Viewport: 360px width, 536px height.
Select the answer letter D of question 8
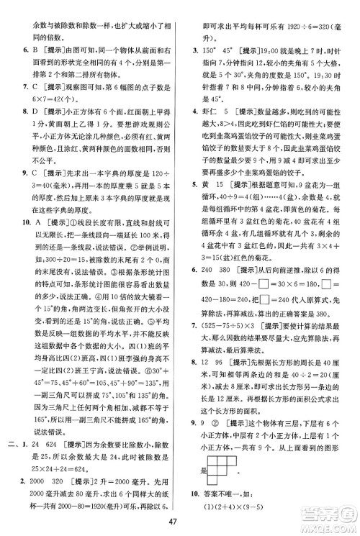tap(34, 111)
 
